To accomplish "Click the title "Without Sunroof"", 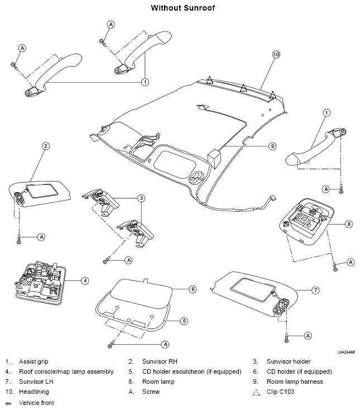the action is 183,8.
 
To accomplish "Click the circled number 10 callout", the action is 276,54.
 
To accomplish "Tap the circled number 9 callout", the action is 272,146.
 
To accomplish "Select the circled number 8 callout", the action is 349,224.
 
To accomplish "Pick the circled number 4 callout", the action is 85,281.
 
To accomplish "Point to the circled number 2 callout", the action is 46,146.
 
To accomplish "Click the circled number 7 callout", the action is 315,290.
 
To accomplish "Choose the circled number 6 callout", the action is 193,289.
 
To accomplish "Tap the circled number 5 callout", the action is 184,321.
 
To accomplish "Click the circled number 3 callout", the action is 141,198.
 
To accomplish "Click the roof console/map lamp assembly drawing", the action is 40,283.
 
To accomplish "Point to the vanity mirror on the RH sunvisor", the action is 42,191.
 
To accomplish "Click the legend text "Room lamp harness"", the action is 295,382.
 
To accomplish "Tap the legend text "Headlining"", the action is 34,392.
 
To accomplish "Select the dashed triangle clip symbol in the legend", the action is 257,392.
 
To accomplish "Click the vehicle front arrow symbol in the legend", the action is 8,403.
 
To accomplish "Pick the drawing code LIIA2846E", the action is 346,352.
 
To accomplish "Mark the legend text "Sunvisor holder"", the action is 289,361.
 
